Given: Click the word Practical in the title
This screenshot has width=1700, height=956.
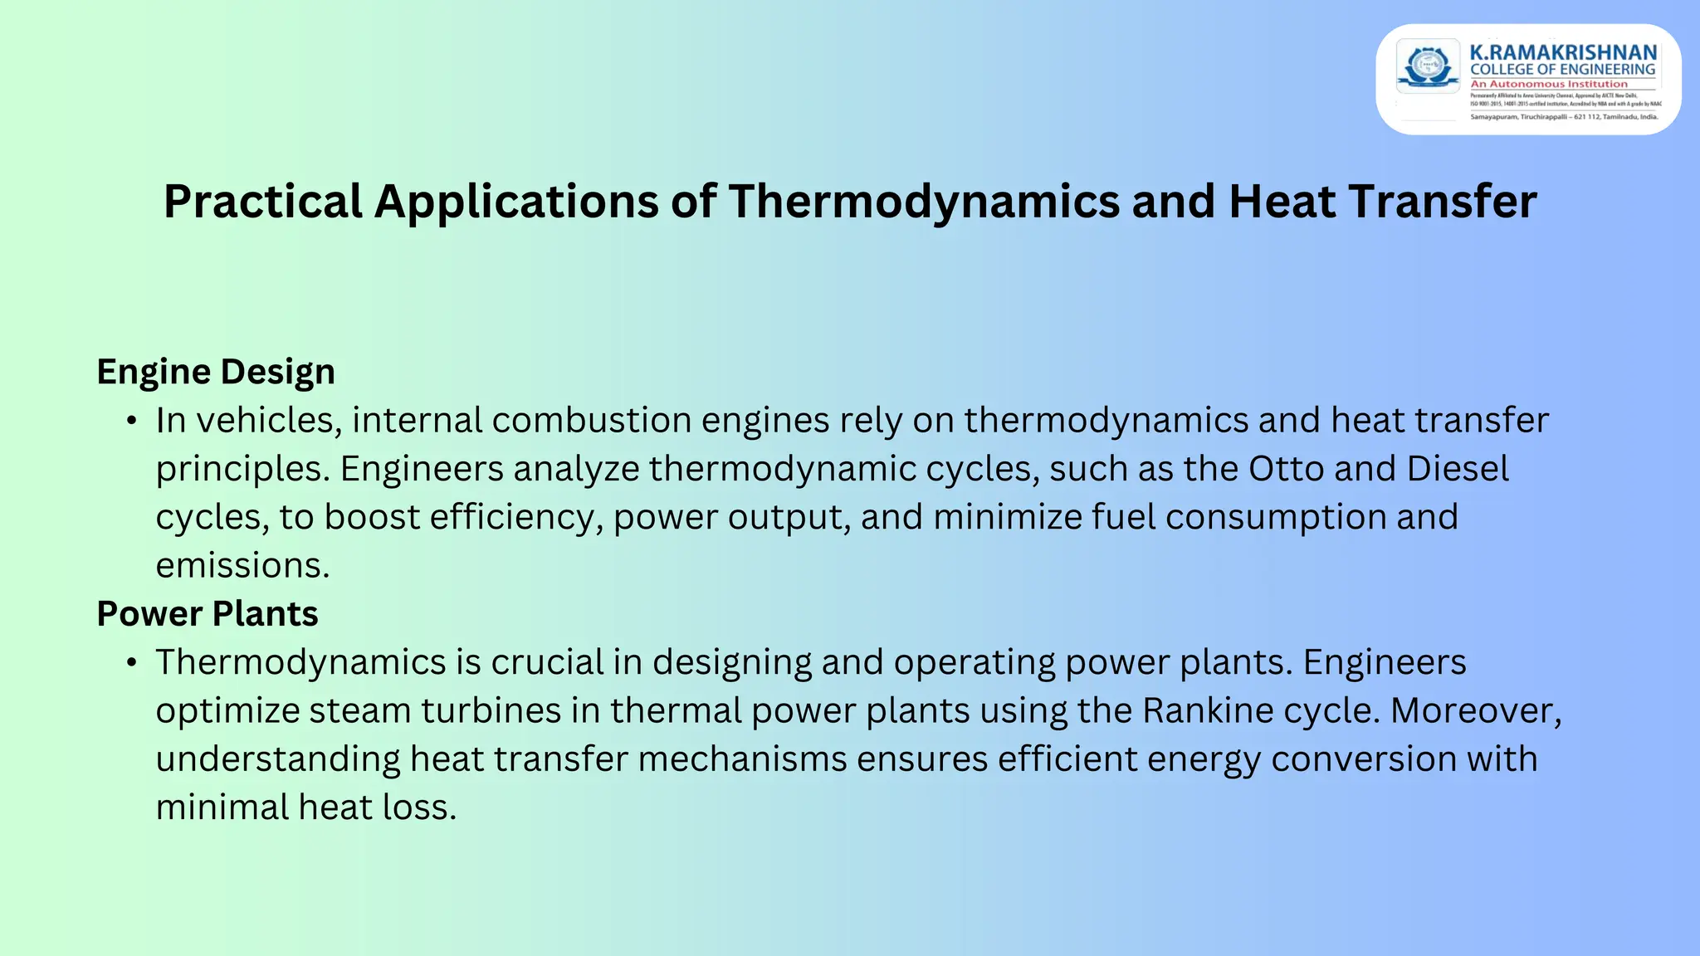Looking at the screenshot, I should [x=263, y=202].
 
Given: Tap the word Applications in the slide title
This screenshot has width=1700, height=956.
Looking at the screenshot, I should [x=516, y=202].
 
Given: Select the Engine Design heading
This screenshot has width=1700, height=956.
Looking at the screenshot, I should [x=216, y=372].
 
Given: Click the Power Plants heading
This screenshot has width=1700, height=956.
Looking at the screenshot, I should [x=208, y=614].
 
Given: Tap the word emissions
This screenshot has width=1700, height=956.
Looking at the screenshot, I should [x=242, y=566].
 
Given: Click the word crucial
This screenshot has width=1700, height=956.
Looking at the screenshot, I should [x=547, y=663].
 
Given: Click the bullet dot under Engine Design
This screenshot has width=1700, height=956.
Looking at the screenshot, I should [x=131, y=422].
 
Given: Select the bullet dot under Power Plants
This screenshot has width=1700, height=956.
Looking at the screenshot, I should [x=131, y=664].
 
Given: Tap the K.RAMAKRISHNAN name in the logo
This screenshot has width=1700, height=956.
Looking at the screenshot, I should [x=1563, y=53].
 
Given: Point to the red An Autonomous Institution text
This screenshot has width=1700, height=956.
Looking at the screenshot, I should [x=1549, y=84].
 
